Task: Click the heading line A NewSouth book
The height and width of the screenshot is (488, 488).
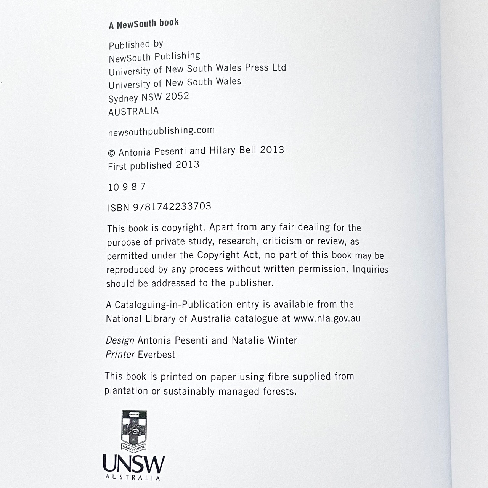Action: point(144,24)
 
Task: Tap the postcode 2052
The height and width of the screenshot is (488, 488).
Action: point(177,96)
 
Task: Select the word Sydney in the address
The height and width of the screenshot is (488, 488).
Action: point(123,98)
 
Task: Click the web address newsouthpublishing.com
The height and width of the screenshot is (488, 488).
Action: point(161,131)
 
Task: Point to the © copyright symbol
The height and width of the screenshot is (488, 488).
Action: point(112,153)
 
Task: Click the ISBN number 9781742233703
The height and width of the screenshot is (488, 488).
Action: point(172,207)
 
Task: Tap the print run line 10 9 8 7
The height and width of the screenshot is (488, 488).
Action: point(127,187)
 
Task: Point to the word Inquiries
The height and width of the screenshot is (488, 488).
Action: point(370,269)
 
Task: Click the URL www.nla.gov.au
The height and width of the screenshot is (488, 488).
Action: point(327,318)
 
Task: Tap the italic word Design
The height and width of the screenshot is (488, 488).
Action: point(120,340)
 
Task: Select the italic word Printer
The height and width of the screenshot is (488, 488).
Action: point(120,355)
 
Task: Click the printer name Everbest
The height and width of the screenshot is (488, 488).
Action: point(156,355)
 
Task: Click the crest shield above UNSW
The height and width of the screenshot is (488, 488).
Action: point(134,429)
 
